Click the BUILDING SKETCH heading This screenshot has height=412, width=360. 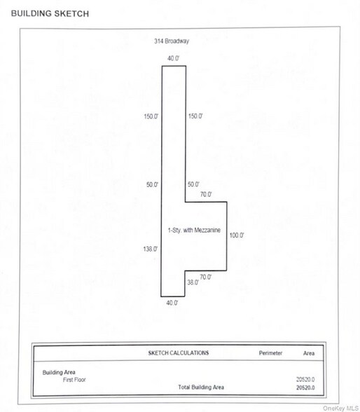[50, 13]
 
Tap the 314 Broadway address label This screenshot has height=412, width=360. [172, 41]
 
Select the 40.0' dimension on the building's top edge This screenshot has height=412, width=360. [173, 58]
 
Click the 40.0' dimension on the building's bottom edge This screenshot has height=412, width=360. [172, 303]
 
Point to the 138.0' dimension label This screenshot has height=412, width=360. [151, 249]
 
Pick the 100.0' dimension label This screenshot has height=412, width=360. [237, 235]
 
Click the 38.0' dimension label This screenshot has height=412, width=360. [193, 282]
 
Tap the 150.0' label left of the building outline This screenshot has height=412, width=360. [151, 116]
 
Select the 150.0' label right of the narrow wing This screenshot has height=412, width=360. [195, 116]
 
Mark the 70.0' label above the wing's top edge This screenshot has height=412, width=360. [206, 195]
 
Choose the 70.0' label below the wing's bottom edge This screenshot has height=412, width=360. [206, 277]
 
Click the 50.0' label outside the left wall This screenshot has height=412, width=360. [152, 184]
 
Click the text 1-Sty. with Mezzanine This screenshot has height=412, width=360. [194, 230]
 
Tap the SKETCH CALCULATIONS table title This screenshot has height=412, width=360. [179, 352]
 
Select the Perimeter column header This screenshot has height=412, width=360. [270, 353]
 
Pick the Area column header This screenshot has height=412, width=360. [309, 353]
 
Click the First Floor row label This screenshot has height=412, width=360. [74, 380]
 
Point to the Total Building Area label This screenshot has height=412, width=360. [201, 387]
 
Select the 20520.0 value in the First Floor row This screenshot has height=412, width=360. [305, 380]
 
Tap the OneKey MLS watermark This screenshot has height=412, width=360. [341, 408]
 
